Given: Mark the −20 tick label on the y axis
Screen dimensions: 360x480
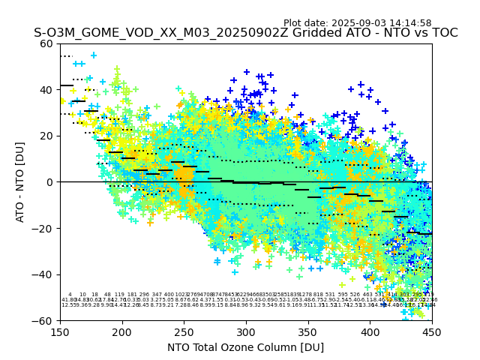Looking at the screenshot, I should [44, 228].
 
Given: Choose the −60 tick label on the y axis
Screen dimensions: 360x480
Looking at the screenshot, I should [44, 320].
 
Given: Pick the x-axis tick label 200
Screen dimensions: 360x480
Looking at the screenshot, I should [122, 331].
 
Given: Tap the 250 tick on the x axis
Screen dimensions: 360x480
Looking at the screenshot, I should [184, 331].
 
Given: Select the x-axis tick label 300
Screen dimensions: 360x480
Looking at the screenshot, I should [246, 331].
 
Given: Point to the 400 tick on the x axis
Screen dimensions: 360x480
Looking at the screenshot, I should [370, 331].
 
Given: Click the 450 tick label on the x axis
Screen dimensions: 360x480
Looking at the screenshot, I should [431, 331].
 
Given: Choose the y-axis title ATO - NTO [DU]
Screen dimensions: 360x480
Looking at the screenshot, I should [20, 182].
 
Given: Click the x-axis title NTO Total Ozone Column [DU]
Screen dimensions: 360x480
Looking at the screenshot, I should [246, 347].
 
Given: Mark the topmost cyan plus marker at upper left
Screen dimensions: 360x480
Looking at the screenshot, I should [94, 55].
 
